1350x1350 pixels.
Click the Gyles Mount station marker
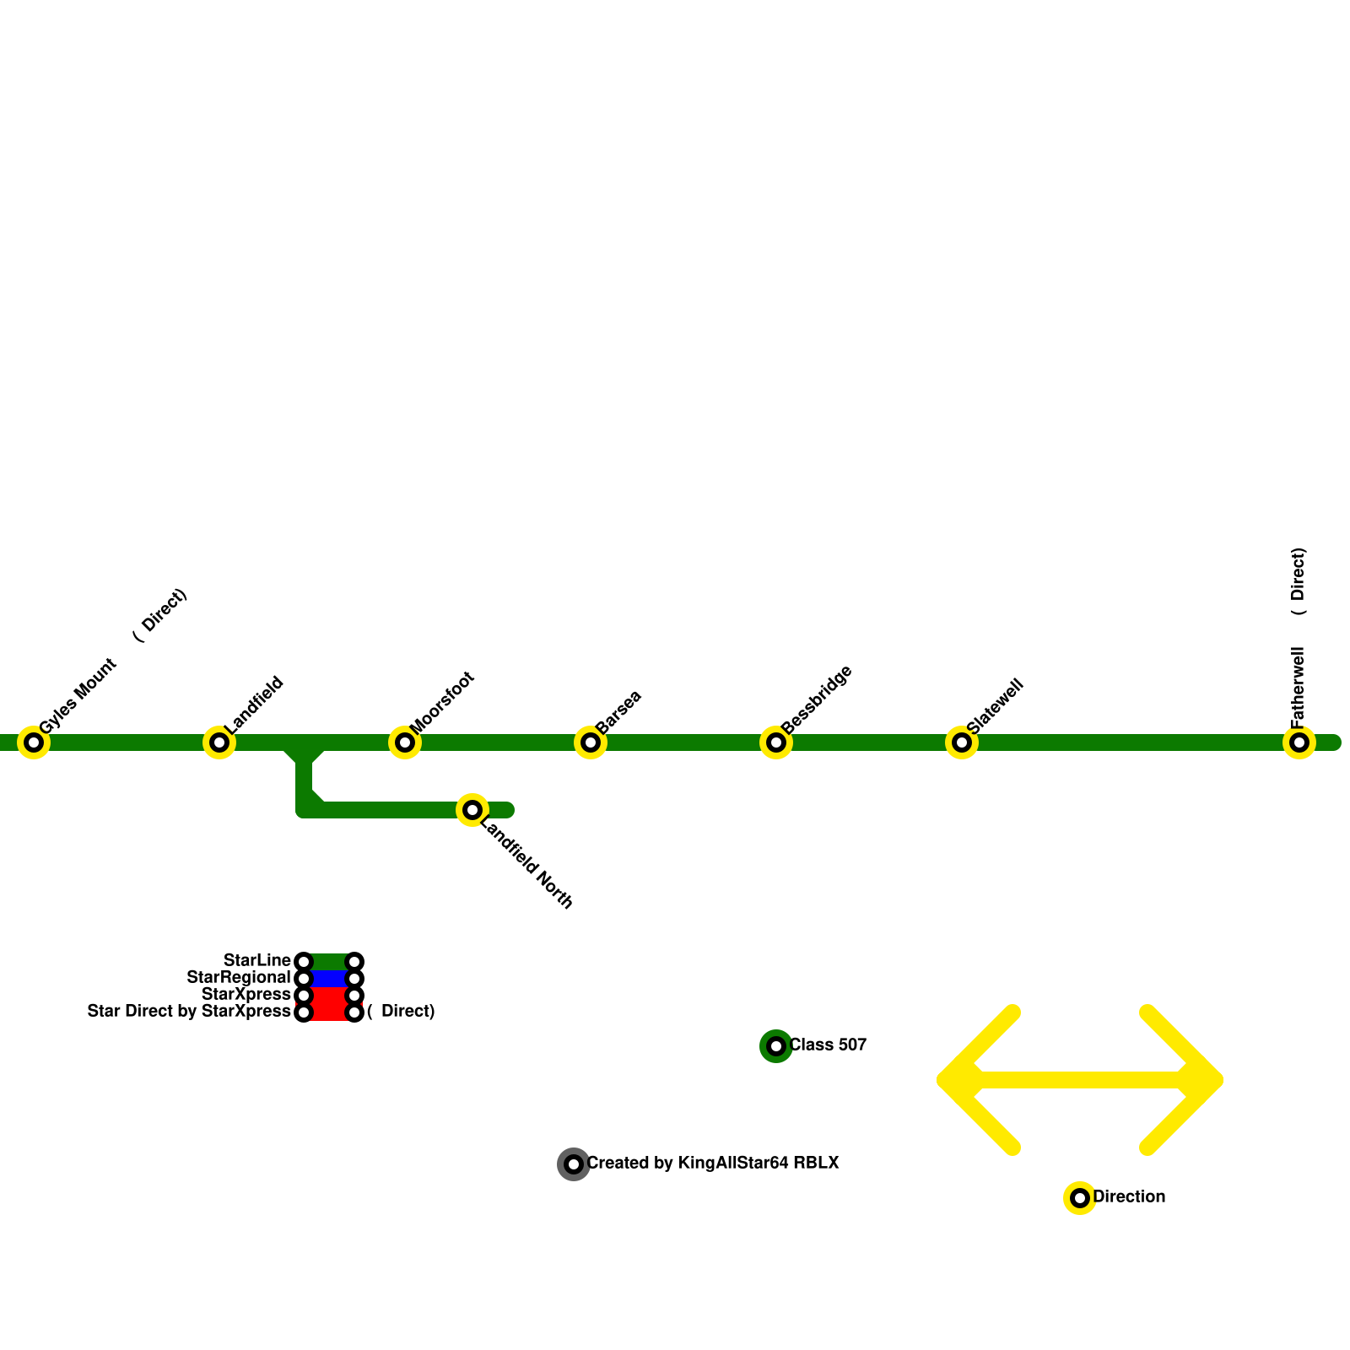tap(34, 742)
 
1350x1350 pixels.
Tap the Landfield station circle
tap(219, 742)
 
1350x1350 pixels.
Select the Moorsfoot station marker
tap(405, 742)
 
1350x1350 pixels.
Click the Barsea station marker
tap(591, 742)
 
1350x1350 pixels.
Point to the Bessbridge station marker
tap(776, 742)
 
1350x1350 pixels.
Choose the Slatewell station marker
tap(962, 742)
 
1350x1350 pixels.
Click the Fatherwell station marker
tap(1299, 742)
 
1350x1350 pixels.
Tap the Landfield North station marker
tap(472, 810)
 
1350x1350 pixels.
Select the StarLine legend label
tap(257, 961)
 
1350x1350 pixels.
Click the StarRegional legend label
tap(239, 978)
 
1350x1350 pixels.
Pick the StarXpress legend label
tap(246, 995)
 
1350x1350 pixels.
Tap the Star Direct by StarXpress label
tap(189, 1012)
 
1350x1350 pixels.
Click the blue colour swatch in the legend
tap(329, 979)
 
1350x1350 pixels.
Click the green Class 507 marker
tap(776, 1046)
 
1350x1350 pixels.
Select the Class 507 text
tap(828, 1045)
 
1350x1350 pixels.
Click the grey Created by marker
tap(574, 1164)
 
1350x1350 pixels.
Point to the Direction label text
tap(1129, 1197)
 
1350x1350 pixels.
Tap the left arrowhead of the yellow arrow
tap(949, 1080)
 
